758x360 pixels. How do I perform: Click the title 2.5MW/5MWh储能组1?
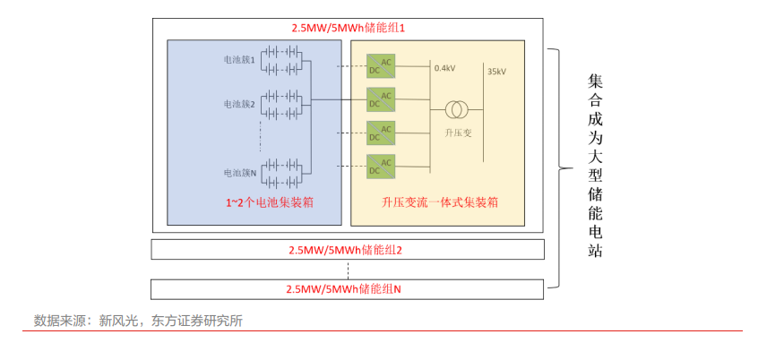coord(349,28)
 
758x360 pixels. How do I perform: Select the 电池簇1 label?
coord(239,60)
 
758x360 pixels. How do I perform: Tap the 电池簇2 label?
coord(239,105)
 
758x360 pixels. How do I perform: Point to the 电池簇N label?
coord(239,172)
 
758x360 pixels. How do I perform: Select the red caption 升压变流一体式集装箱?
coord(440,203)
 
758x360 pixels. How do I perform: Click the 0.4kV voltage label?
coord(444,68)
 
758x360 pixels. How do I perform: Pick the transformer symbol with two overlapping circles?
coord(457,110)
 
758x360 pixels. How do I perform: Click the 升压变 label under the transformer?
coord(457,133)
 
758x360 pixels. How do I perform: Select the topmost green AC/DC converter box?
coord(381,65)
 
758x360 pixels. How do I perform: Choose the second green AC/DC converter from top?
coord(381,99)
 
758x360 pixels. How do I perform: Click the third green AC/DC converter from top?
coord(381,133)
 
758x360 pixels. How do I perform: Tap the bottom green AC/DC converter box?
coord(381,166)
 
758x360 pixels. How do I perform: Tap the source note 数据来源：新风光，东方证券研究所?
coord(138,321)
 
